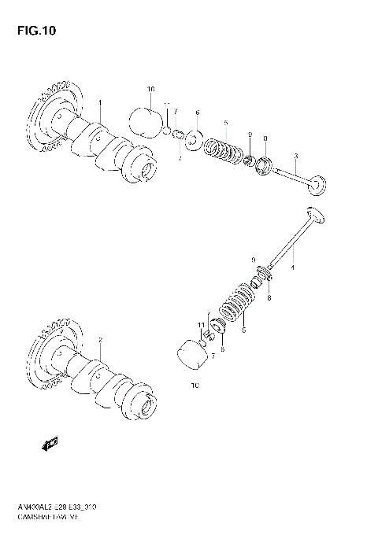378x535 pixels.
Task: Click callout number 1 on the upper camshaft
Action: click(x=100, y=104)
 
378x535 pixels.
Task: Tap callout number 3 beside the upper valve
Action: click(x=295, y=156)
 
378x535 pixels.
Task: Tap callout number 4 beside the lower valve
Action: click(x=292, y=268)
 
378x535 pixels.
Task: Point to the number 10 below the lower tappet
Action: click(x=195, y=386)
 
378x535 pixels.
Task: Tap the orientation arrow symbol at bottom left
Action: click(x=52, y=445)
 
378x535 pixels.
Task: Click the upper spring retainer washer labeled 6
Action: click(x=195, y=135)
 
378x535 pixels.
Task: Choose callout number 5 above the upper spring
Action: click(x=225, y=123)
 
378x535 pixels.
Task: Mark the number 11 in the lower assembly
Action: click(x=202, y=324)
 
